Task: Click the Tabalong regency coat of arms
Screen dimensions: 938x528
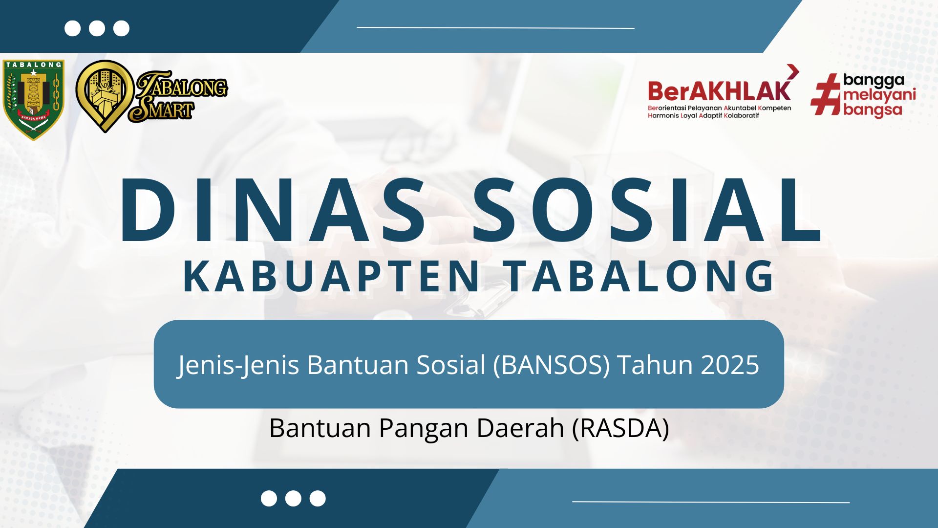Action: pos(34,100)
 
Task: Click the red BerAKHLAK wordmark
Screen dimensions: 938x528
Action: pos(719,91)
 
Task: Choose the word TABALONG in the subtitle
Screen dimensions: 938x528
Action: pos(640,276)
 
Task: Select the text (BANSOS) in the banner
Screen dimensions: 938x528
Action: pos(552,365)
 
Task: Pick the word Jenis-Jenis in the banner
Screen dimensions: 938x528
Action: pos(238,365)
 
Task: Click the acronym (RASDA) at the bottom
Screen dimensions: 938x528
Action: pos(620,428)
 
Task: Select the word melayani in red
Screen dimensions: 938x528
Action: pos(879,95)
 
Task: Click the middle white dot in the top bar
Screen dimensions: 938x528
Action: pos(97,28)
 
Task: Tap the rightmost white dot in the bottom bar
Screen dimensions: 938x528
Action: pos(318,499)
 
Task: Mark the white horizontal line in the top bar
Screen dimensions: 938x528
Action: pos(495,28)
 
